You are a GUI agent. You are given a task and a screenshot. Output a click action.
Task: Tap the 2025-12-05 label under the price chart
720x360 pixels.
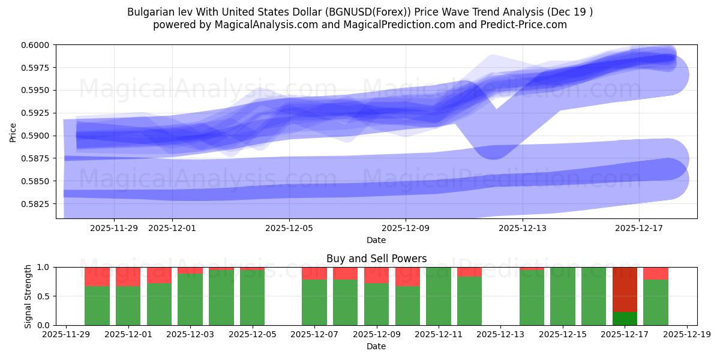pos(289,228)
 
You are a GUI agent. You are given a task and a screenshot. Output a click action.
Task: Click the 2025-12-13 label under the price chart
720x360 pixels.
pos(522,228)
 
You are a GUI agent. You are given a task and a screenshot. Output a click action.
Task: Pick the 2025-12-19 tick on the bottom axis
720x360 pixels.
pos(686,335)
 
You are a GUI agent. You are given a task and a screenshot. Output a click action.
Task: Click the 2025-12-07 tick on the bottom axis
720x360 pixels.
pos(314,335)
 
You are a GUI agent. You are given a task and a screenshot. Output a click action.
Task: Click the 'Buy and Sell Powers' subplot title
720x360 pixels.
pos(376,259)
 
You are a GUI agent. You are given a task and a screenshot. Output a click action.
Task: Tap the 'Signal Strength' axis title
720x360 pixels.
pos(28,296)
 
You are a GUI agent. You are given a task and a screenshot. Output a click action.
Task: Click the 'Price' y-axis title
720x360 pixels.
pos(13,132)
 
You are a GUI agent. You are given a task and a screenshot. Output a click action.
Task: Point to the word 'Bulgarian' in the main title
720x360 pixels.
pos(149,12)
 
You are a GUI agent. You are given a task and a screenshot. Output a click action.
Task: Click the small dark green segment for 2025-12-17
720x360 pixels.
pos(625,319)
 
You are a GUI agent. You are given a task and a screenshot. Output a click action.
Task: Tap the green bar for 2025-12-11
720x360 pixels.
pos(439,296)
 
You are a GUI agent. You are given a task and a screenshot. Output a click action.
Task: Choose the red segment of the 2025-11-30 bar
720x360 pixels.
pos(97,277)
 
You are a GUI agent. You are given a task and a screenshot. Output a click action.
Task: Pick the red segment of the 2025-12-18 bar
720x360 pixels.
pos(656,274)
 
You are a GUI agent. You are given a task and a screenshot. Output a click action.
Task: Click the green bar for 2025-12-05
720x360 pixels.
pos(252,298)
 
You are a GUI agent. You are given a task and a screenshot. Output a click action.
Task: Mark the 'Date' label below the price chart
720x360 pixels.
pos(376,240)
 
